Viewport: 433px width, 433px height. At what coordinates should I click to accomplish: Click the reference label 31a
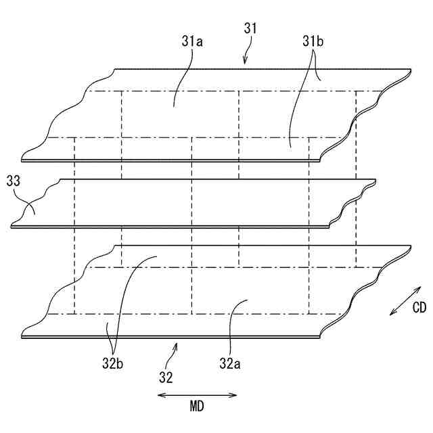click(x=192, y=42)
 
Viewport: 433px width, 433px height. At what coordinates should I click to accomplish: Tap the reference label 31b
click(x=313, y=42)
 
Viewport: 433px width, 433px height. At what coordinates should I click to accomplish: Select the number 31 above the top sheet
click(x=250, y=29)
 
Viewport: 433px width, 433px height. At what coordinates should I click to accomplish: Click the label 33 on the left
click(x=12, y=181)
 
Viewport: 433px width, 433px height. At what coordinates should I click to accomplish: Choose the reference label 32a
click(x=229, y=363)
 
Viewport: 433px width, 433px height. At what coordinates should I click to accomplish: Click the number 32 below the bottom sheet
click(x=166, y=376)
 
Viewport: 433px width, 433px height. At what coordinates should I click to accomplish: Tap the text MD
click(x=197, y=407)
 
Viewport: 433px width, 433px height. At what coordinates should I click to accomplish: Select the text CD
click(x=419, y=308)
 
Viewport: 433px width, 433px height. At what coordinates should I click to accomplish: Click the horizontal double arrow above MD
click(x=197, y=394)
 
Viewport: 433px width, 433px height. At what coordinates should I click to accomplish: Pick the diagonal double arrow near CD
click(x=405, y=300)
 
